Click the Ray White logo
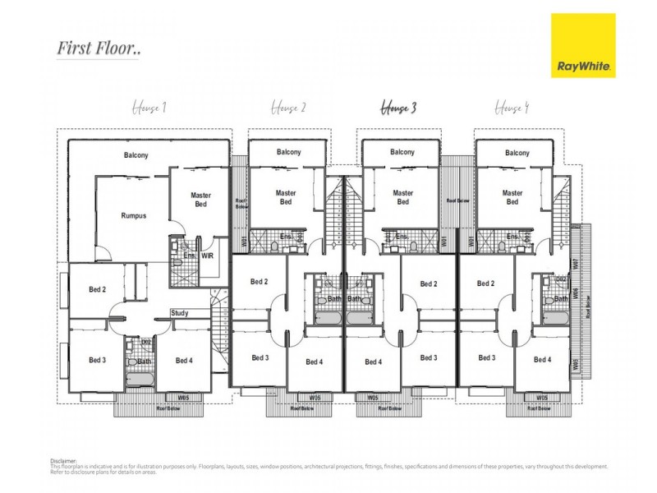pyautogui.click(x=583, y=46)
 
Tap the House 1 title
pyautogui.click(x=149, y=107)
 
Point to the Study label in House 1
pyautogui.click(x=181, y=313)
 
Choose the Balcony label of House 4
pyautogui.click(x=517, y=153)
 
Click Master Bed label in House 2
pyautogui.click(x=286, y=197)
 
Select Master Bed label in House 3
pyautogui.click(x=402, y=197)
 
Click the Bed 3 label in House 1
pyautogui.click(x=97, y=360)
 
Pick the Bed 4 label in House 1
pyautogui.click(x=184, y=360)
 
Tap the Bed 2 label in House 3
pyautogui.click(x=428, y=284)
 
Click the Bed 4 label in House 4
pyautogui.click(x=542, y=360)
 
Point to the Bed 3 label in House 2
pyautogui.click(x=260, y=357)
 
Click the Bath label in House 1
pyautogui.click(x=145, y=362)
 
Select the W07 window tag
pyautogui.click(x=577, y=265)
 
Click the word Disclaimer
pyautogui.click(x=62, y=461)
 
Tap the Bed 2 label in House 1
pyautogui.click(x=97, y=289)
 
